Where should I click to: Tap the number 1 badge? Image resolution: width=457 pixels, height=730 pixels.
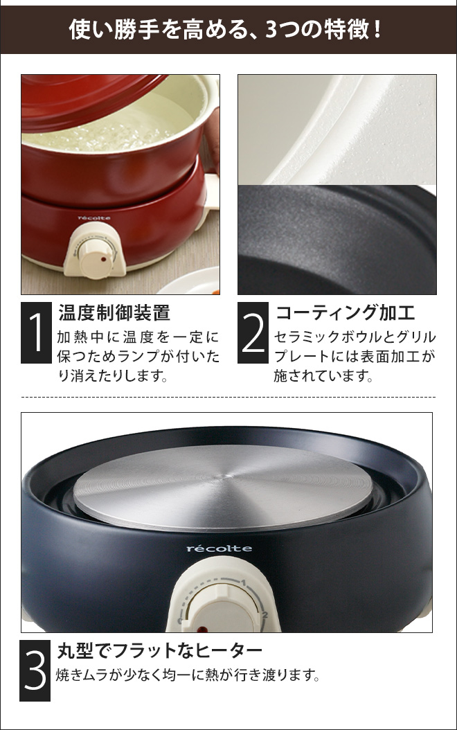pos(36,332)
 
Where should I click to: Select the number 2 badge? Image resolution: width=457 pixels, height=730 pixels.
pos(253,332)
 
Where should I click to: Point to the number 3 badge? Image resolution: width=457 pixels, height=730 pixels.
pos(35,670)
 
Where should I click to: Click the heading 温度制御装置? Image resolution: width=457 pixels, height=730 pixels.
pos(114,312)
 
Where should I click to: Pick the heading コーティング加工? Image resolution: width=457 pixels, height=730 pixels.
pos(345,312)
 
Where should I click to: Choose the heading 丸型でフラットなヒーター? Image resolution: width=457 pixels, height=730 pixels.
pos(160,650)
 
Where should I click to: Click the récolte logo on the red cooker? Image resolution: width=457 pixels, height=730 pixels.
pos(94,218)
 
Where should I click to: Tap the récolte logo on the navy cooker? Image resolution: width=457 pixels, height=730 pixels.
pos(219,549)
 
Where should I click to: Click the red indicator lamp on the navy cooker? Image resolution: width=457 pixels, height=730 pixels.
pos(201,629)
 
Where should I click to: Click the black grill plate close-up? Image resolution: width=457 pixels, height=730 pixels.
pos(337,240)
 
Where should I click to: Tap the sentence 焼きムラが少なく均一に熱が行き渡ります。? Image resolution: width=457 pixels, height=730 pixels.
pos(188,675)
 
